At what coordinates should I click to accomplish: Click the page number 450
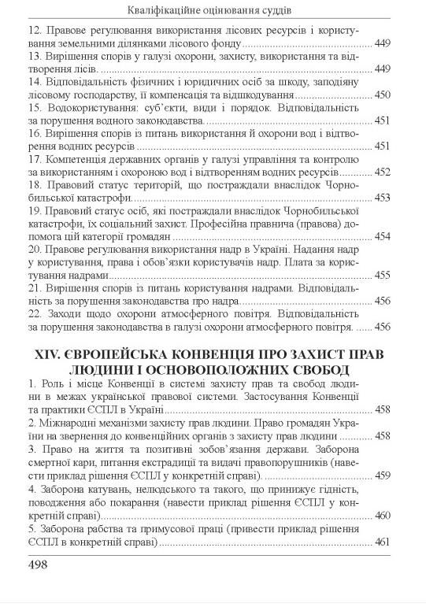tap(383, 94)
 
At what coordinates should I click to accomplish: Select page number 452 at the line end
tap(383, 171)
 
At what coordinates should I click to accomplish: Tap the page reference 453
tap(383, 197)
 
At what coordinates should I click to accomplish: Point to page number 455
tap(383, 275)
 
